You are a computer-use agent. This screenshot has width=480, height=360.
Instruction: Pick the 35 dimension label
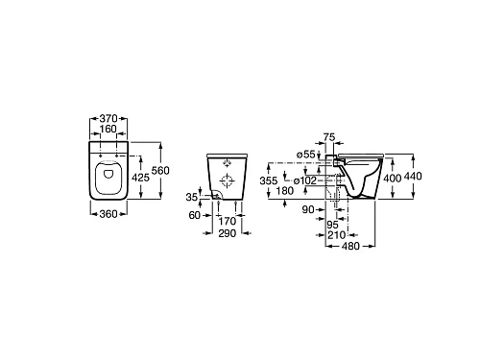coord(192,197)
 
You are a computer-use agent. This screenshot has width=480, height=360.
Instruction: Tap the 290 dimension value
coord(228,233)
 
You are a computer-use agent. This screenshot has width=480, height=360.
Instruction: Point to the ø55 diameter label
coord(307,155)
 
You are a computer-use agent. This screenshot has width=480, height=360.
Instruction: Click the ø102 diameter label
coord(305,180)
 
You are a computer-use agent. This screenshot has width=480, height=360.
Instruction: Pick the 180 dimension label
coord(286,191)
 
